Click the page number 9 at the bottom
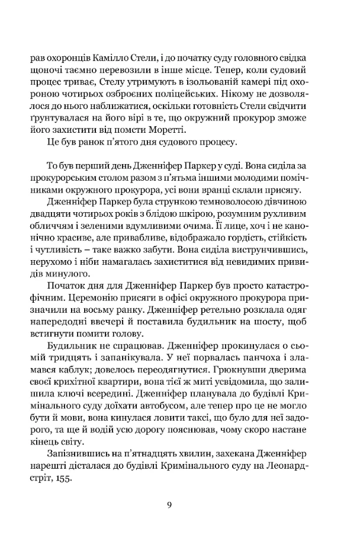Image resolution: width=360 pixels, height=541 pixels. pos(169,505)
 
